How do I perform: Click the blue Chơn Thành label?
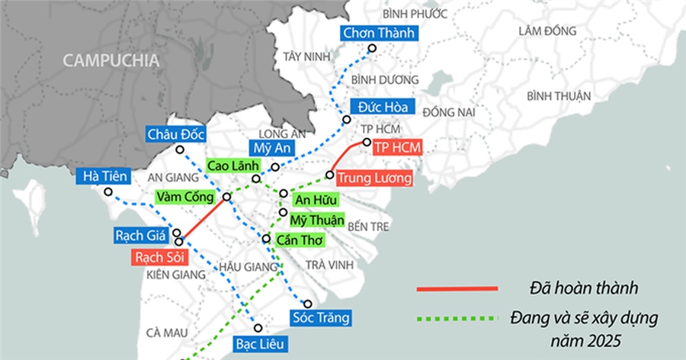tap(378, 33)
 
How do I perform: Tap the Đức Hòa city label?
tap(381, 107)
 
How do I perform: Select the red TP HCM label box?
tap(397, 147)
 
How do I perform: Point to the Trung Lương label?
tap(375, 178)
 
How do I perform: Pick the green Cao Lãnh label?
tap(233, 166)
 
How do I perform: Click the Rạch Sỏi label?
tap(155, 257)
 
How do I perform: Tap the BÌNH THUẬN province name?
tap(559, 96)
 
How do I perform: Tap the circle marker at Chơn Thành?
tap(373, 49)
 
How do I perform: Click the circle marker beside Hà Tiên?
tap(108, 192)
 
